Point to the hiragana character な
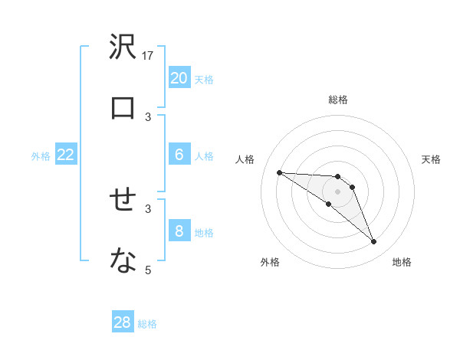pyautogui.click(x=123, y=261)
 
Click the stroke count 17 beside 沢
pyautogui.click(x=149, y=56)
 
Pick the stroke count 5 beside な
pyautogui.click(x=149, y=269)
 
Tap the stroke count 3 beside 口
pyautogui.click(x=149, y=116)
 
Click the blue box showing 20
pyautogui.click(x=179, y=78)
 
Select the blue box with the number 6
pyautogui.click(x=179, y=155)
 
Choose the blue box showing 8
pyautogui.click(x=179, y=231)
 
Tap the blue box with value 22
pyautogui.click(x=66, y=155)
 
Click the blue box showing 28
pyautogui.click(x=123, y=322)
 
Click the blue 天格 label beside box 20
pyautogui.click(x=204, y=79)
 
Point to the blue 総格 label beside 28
pyautogui.click(x=147, y=323)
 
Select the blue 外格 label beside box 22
pyautogui.click(x=41, y=155)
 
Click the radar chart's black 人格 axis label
pyautogui.click(x=245, y=159)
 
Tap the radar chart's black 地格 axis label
pyautogui.click(x=402, y=262)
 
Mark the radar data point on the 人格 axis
pyautogui.click(x=279, y=172)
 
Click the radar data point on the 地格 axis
pyautogui.click(x=374, y=242)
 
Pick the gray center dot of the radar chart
pyautogui.click(x=337, y=191)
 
